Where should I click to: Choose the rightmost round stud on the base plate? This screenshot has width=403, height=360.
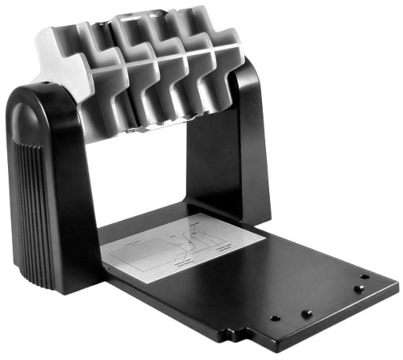pos(365,276)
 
